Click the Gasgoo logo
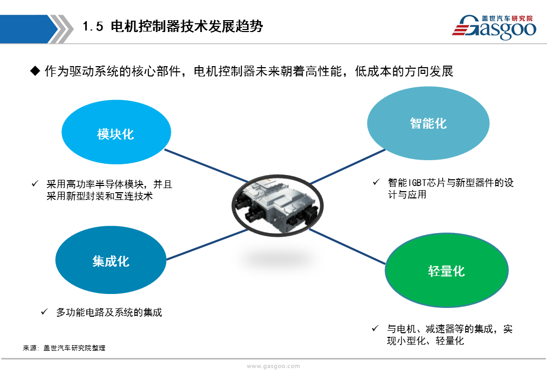(x=494, y=27)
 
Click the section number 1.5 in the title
(x=93, y=26)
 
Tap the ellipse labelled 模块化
(x=116, y=132)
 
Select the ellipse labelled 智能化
(x=428, y=123)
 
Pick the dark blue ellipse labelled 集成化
(x=111, y=260)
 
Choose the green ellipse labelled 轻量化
(x=447, y=271)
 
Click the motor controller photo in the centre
(x=277, y=206)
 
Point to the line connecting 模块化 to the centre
(x=206, y=166)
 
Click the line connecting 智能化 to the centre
(x=348, y=167)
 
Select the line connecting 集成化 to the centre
(x=207, y=244)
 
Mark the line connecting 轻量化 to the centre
(x=347, y=246)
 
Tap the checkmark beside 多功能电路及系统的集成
(x=44, y=312)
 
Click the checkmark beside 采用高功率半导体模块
(x=35, y=183)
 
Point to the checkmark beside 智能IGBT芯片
(x=376, y=182)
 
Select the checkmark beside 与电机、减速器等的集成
(x=375, y=328)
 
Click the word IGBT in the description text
(x=417, y=183)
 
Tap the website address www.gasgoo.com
(x=273, y=366)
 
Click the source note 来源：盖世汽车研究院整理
(x=64, y=348)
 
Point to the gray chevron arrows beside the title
(x=60, y=29)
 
